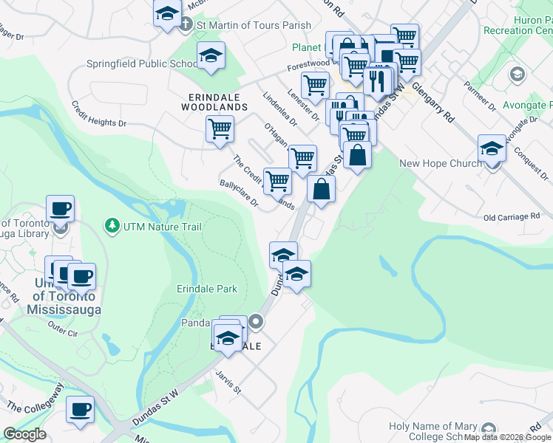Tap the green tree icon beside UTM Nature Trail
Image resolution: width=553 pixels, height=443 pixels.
pyautogui.click(x=112, y=224)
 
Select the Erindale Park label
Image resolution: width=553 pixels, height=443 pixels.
pyautogui.click(x=206, y=289)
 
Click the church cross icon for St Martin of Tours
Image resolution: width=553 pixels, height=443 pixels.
pyautogui.click(x=186, y=24)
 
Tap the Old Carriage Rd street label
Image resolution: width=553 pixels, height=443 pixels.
pyautogui.click(x=512, y=217)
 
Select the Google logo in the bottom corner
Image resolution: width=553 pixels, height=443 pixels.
pyautogui.click(x=25, y=434)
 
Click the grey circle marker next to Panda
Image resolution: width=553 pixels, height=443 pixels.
pyautogui.click(x=256, y=321)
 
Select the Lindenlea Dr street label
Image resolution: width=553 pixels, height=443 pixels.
pyautogui.click(x=279, y=108)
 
